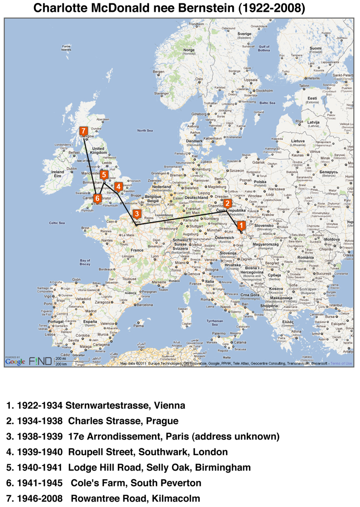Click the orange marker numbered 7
click(x=83, y=132)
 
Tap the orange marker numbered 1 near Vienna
click(x=241, y=225)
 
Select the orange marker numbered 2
click(x=227, y=203)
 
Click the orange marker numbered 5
click(x=104, y=175)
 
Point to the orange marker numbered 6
click(x=97, y=198)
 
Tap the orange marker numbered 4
click(x=118, y=187)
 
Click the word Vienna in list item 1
click(x=169, y=406)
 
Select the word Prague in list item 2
click(x=161, y=421)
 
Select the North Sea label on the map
click(x=145, y=130)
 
